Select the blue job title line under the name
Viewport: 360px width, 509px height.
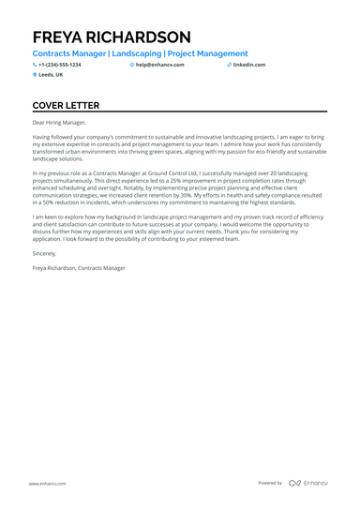click(140, 54)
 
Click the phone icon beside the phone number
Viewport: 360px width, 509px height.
click(35, 65)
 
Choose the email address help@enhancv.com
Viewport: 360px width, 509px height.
click(159, 65)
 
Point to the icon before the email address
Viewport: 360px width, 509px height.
click(132, 65)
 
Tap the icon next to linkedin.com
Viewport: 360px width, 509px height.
click(230, 65)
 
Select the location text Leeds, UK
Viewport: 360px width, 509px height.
click(51, 74)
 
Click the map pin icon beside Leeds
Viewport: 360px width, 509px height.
click(35, 74)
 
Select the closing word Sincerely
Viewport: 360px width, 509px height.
click(44, 253)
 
